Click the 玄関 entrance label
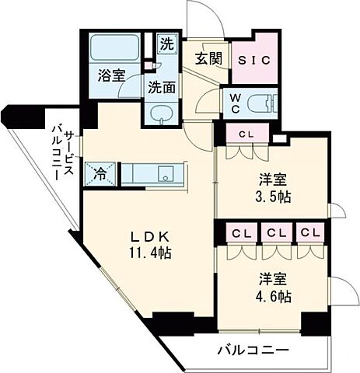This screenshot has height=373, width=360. [207, 58]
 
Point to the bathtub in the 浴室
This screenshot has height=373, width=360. [113, 48]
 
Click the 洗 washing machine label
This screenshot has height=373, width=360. [166, 44]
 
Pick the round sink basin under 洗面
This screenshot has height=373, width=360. [160, 113]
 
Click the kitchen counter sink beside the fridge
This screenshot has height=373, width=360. [165, 172]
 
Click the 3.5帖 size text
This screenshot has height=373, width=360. [274, 197]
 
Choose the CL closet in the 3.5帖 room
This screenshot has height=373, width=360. [246, 134]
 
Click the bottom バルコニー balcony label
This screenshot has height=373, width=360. [253, 350]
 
